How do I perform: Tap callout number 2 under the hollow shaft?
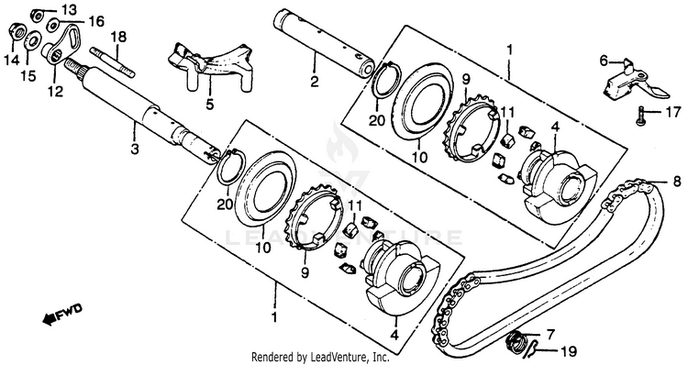click(x=314, y=81)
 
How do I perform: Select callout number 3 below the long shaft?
click(x=134, y=149)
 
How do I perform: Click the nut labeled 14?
click(x=16, y=31)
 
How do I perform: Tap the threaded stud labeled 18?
click(x=112, y=61)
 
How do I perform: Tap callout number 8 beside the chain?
click(x=677, y=181)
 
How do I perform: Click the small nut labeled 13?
click(x=37, y=15)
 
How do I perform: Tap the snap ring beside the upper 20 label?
click(x=386, y=78)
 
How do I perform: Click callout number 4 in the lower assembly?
click(x=394, y=336)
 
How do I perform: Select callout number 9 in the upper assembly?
click(x=465, y=80)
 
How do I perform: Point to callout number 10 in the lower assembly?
click(x=264, y=248)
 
